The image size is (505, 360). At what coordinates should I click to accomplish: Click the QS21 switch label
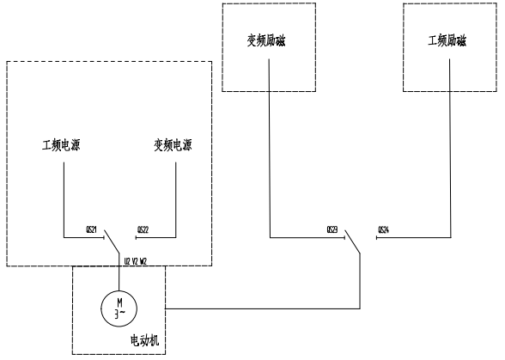pyautogui.click(x=92, y=230)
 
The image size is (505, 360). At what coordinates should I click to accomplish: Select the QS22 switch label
pyautogui.click(x=143, y=230)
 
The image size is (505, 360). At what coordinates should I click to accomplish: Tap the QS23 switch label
pyautogui.click(x=332, y=230)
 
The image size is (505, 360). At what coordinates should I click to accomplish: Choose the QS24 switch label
pyautogui.click(x=383, y=230)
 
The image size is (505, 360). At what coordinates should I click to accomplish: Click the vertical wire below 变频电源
pyautogui.click(x=176, y=198)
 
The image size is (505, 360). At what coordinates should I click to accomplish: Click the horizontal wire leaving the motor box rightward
pyautogui.click(x=258, y=308)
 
